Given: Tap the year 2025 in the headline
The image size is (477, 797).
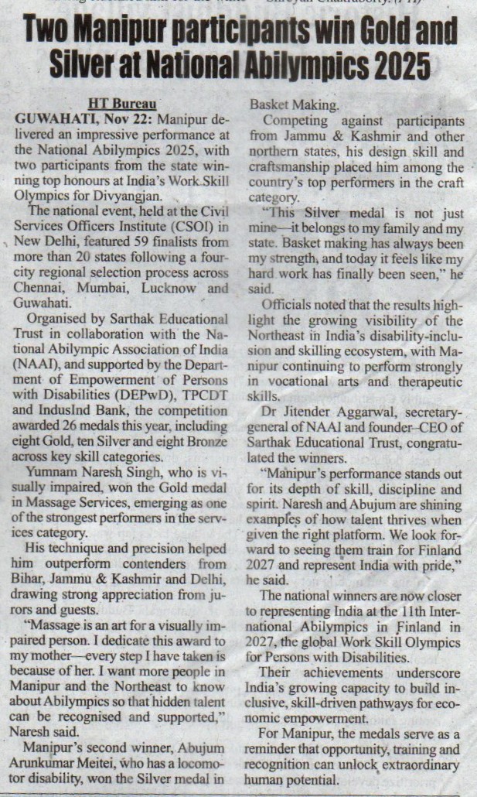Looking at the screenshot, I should [397, 67].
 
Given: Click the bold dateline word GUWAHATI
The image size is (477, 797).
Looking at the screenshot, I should [53, 115].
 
